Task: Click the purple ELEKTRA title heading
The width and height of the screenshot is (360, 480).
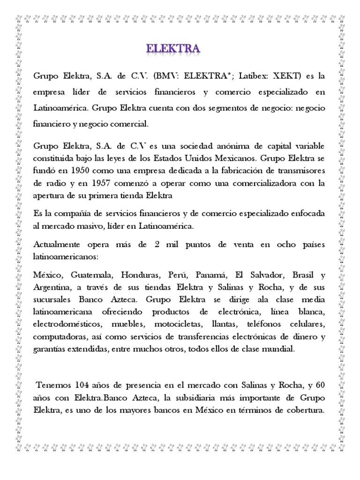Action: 173,49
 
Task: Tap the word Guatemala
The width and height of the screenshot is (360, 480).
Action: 92,275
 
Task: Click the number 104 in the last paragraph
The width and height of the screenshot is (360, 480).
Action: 84,386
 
